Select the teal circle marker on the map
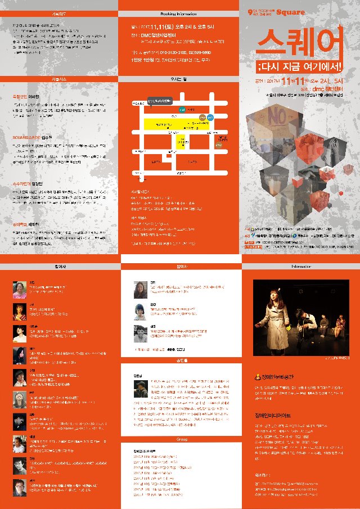[x=181, y=108]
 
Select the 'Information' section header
[x=299, y=266]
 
